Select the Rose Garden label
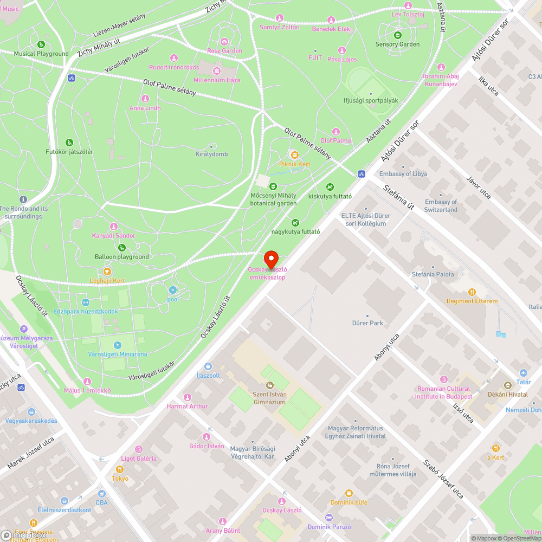pyautogui.click(x=224, y=51)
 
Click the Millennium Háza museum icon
pyautogui.click(x=217, y=71)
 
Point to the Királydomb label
pyautogui.click(x=211, y=154)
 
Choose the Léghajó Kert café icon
pyautogui.click(x=107, y=272)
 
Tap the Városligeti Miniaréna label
pyautogui.click(x=118, y=354)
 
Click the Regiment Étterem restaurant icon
pyautogui.click(x=472, y=292)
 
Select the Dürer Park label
pyautogui.click(x=367, y=323)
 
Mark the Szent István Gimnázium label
pyautogui.click(x=269, y=398)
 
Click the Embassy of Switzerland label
pyautogui.click(x=441, y=205)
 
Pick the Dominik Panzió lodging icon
pyautogui.click(x=329, y=518)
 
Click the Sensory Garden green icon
pyautogui.click(x=398, y=35)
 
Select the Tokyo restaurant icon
pyautogui.click(x=120, y=469)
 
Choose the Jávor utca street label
pyautogui.click(x=479, y=187)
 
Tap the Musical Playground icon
pyautogui.click(x=41, y=44)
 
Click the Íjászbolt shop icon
pyautogui.click(x=208, y=366)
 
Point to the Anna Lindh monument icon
pyautogui.click(x=145, y=99)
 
